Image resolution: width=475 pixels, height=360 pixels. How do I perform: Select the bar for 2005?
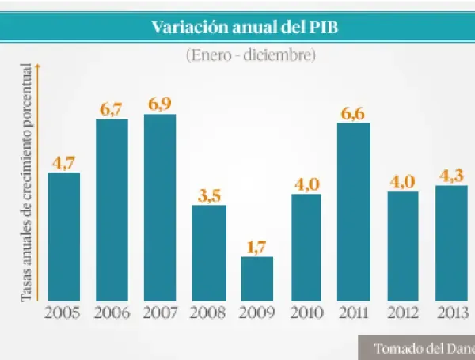click(64, 236)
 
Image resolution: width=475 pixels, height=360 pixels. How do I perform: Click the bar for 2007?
click(161, 207)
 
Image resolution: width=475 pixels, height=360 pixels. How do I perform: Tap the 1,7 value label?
click(257, 247)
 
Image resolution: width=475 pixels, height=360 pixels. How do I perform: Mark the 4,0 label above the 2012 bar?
click(402, 181)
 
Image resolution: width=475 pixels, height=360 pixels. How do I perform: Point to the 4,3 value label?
click(451, 176)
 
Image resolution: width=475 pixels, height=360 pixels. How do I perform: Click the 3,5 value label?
click(209, 195)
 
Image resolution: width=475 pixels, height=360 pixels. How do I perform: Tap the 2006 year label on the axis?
click(112, 313)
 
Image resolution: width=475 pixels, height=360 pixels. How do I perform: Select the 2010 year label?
click(306, 313)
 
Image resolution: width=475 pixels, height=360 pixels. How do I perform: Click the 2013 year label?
click(451, 313)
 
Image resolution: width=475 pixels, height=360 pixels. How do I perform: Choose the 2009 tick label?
click(257, 313)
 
